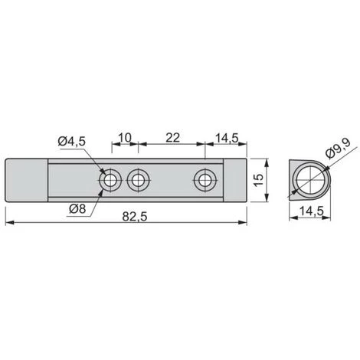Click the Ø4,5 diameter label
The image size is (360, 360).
click(x=71, y=141)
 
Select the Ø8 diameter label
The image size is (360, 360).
click(x=77, y=209)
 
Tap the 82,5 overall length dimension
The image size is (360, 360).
click(x=135, y=217)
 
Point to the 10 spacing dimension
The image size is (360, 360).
click(x=125, y=138)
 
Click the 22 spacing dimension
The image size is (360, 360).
click(x=173, y=138)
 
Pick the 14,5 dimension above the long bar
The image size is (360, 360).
click(x=227, y=139)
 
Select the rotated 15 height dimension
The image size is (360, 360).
click(x=259, y=180)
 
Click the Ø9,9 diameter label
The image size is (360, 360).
click(x=339, y=149)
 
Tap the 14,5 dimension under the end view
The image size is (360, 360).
click(x=312, y=211)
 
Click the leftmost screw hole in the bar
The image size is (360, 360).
click(x=110, y=181)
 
